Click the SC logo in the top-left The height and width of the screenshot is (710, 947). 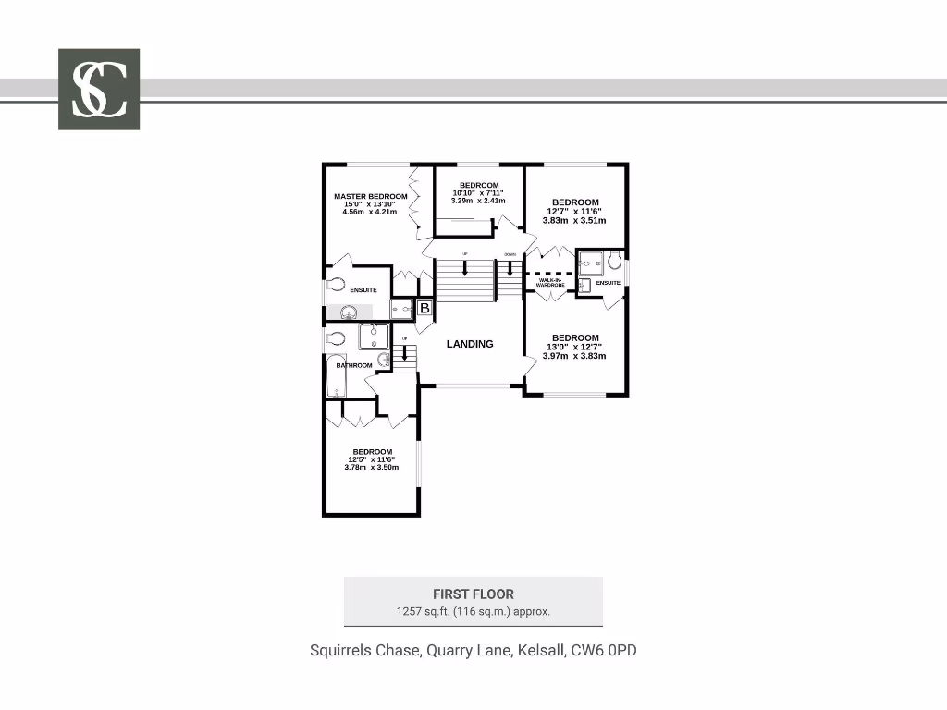(99, 89)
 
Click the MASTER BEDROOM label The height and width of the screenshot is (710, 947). (370, 197)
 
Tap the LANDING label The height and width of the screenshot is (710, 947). (470, 344)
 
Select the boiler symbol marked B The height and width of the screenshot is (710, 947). (424, 308)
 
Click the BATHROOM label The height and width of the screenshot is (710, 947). (354, 365)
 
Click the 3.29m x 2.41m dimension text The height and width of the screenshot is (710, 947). (478, 201)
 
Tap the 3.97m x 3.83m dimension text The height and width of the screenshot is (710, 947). (574, 356)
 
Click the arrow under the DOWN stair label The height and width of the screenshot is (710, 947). (509, 269)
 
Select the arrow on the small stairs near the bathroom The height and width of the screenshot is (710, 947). (404, 351)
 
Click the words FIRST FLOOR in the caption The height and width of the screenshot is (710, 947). (473, 594)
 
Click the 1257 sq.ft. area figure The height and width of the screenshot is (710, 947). (420, 611)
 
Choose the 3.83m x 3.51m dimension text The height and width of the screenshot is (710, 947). (574, 221)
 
